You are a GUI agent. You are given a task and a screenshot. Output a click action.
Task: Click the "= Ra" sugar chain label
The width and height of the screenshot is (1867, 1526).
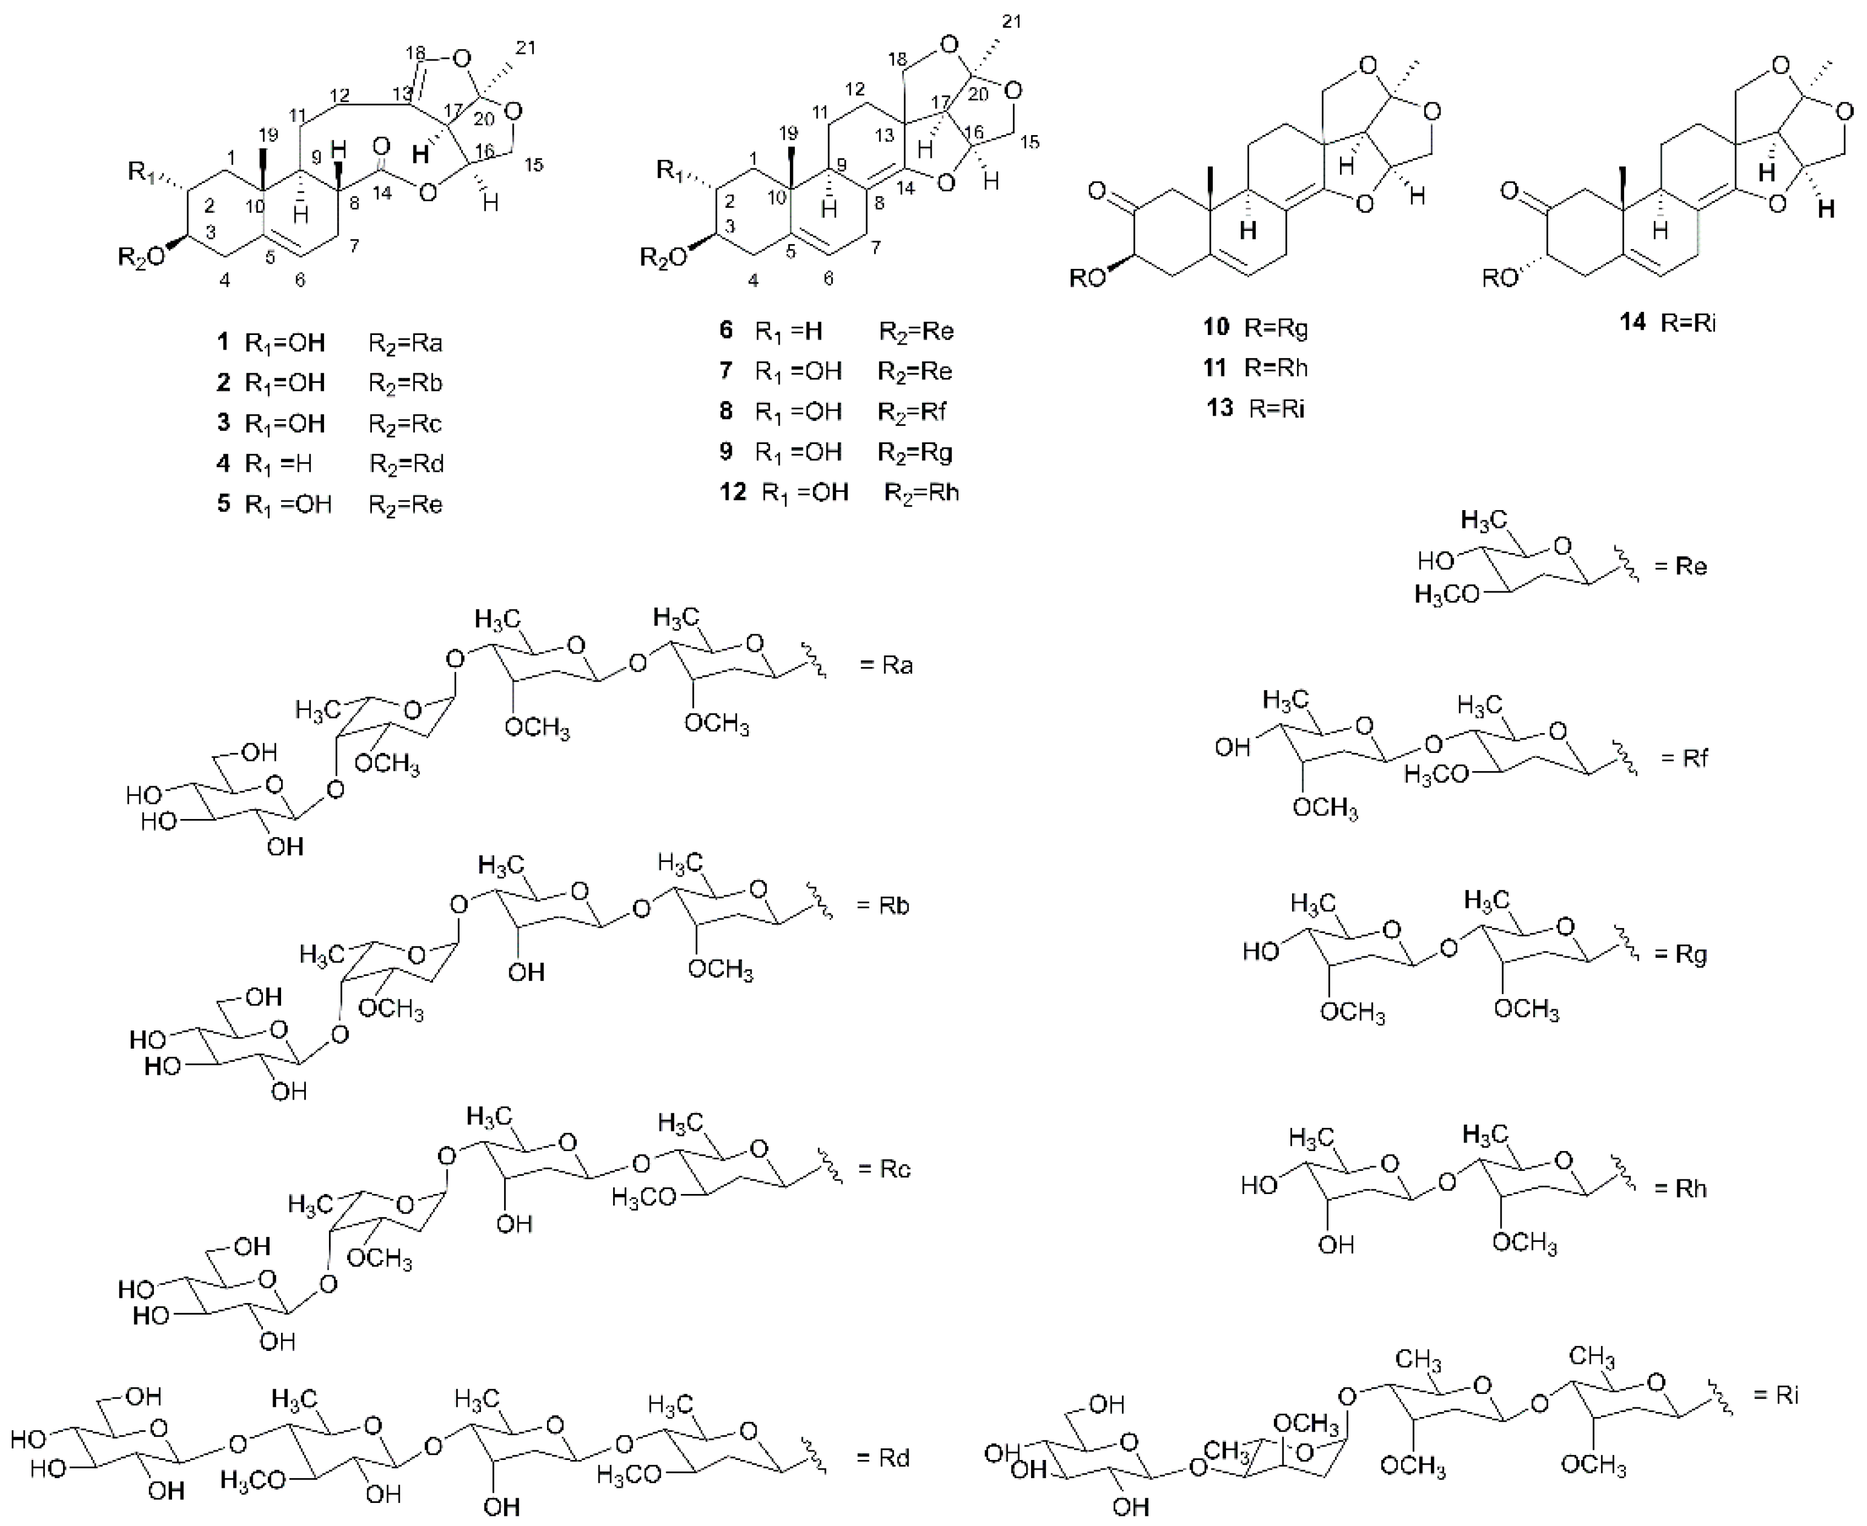(886, 665)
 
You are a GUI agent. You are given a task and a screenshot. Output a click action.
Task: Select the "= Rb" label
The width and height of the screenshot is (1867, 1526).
(883, 906)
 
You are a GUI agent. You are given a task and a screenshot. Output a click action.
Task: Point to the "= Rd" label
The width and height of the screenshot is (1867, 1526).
(883, 1458)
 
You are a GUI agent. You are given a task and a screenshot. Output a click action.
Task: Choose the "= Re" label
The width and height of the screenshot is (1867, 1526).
(1680, 566)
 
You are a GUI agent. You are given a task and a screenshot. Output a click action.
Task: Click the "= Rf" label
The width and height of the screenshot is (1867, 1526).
(1684, 758)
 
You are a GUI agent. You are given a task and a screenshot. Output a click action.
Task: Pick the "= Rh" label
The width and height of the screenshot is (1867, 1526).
(1680, 1189)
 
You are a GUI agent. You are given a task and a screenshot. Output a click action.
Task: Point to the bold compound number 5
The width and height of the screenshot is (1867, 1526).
(225, 503)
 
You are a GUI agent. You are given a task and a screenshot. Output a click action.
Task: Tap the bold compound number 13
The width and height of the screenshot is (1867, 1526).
(1220, 409)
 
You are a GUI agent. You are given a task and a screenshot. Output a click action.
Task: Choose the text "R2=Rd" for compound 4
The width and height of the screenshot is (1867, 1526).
(406, 464)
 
